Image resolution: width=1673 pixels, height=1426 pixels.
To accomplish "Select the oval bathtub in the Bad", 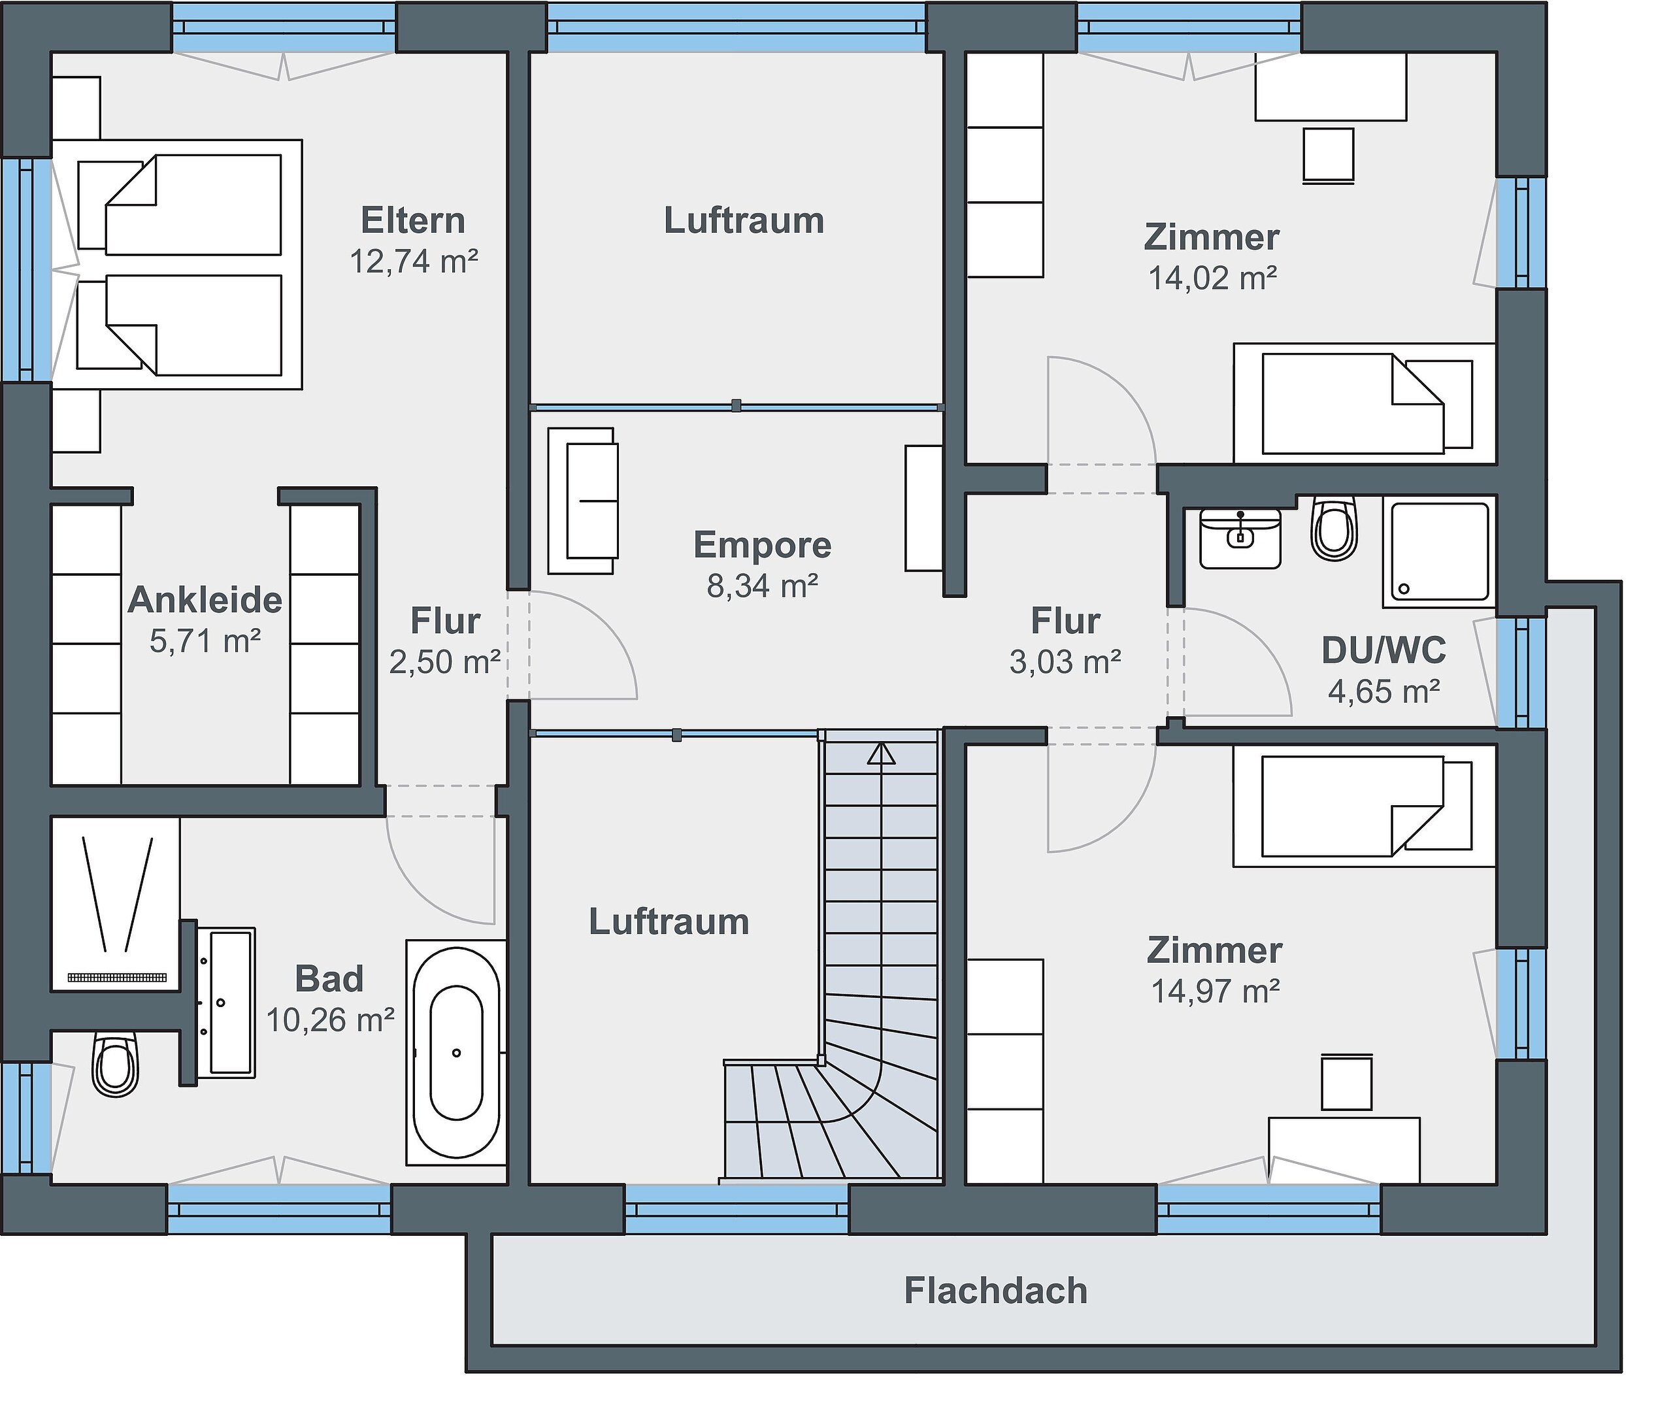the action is pos(456,1052).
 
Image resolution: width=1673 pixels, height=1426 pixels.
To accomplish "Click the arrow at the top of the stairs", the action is pos(882,755).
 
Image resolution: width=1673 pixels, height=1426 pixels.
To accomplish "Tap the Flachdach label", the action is pos(995,1291).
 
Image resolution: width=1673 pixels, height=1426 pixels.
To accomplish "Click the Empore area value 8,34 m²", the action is pos(763,586).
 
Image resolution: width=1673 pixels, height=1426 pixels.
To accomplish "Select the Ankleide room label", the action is pos(205,600).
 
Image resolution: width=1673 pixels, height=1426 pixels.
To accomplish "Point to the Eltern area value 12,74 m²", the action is pos(414,261).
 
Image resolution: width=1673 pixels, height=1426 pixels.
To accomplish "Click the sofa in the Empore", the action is pos(583,501).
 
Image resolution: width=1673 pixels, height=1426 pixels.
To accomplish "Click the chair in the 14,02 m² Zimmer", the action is pos(1328,154).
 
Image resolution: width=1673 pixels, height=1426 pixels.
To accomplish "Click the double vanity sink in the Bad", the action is pos(227,1002).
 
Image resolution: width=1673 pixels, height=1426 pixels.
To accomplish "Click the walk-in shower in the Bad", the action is pos(116,903).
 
